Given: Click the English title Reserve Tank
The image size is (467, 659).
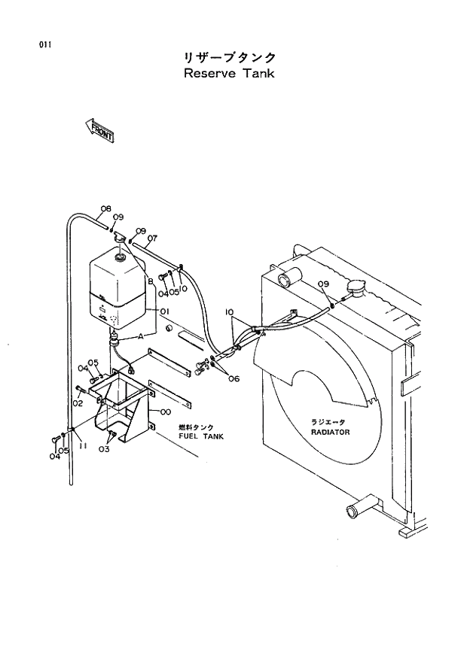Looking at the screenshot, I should pos(229,74).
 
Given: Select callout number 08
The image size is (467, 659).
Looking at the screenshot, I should pos(105,208).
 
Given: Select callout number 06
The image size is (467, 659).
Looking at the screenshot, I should pos(233,378).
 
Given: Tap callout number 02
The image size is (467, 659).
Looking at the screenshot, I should pos(77,403).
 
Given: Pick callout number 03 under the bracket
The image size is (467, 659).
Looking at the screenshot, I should pos(104,449).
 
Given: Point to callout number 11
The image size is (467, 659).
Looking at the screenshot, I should pos(83,445).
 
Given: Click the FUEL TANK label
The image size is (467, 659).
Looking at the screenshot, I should pos(201,436).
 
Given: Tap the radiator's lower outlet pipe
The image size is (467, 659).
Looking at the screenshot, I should pos(355,512).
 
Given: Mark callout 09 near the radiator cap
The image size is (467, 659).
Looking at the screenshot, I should pos(322,284).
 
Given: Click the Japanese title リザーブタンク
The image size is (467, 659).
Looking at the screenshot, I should pos(229,57).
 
